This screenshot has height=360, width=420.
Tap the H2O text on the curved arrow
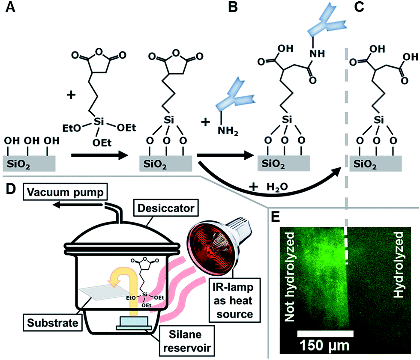pos(268,187)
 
